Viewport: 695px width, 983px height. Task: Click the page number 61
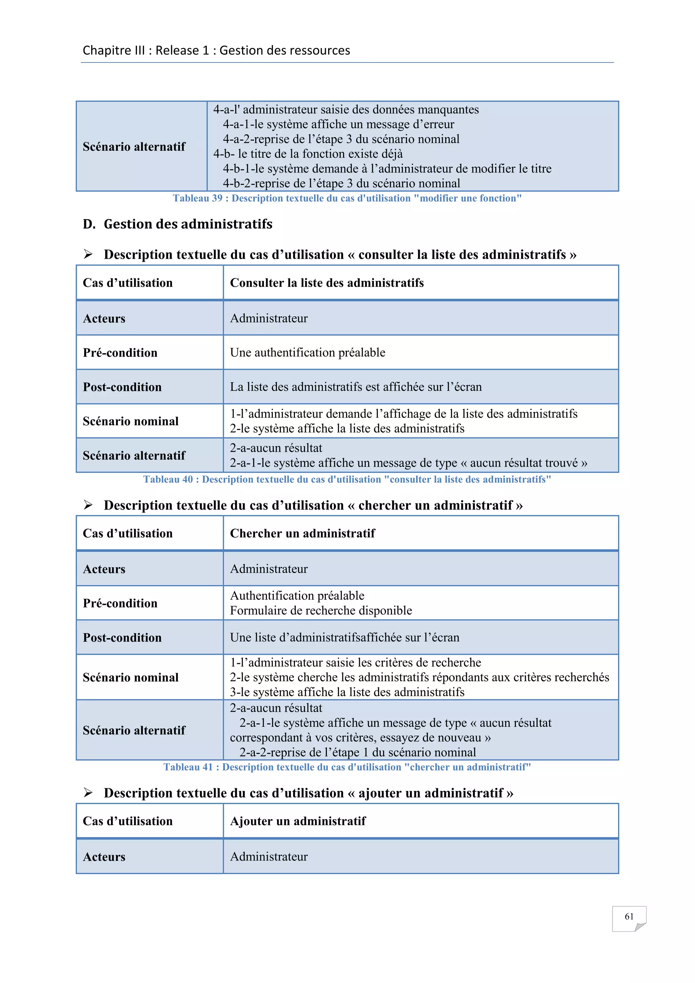point(629,916)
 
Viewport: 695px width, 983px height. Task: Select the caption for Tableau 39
point(347,198)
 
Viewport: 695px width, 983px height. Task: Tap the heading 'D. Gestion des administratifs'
point(177,224)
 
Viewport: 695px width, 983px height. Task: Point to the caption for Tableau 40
point(347,480)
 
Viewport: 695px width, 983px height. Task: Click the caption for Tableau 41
point(347,767)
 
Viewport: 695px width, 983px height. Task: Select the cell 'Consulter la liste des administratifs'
point(327,283)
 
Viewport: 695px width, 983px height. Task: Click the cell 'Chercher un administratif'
point(303,534)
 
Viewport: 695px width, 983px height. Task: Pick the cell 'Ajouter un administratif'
point(298,821)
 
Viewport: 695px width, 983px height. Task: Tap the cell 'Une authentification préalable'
point(308,353)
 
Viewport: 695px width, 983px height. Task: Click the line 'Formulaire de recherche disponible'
point(321,611)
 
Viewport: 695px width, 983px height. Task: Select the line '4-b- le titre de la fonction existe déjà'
point(308,154)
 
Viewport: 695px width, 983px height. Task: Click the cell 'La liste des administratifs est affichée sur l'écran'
point(356,387)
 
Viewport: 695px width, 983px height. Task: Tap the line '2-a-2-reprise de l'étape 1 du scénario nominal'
point(357,753)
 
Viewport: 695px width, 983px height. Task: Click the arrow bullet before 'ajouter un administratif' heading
point(88,793)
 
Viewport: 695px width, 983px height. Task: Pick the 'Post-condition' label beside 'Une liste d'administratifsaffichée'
point(123,638)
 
